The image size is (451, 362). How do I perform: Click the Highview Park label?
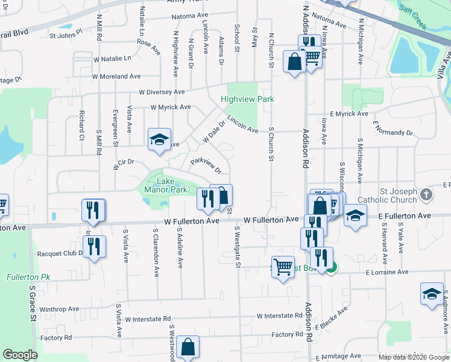pyautogui.click(x=247, y=99)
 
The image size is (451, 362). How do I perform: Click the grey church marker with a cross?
pyautogui.click(x=427, y=194)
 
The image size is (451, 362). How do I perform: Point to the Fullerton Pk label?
pyautogui.click(x=24, y=277)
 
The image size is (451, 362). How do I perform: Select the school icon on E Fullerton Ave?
pyautogui.click(x=356, y=215)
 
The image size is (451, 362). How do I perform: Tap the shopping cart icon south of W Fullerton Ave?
pyautogui.click(x=283, y=265)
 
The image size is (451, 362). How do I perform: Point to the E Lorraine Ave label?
pyautogui.click(x=388, y=272)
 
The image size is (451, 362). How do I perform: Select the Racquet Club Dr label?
pyautogui.click(x=60, y=254)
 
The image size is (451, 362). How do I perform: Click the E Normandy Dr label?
pyautogui.click(x=393, y=130)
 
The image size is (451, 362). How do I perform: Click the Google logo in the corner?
pyautogui.click(x=20, y=354)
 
